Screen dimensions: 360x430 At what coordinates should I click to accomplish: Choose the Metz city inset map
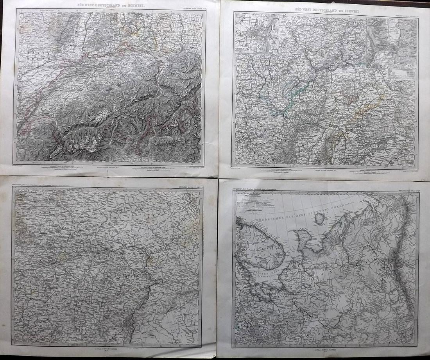pos(392,43)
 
